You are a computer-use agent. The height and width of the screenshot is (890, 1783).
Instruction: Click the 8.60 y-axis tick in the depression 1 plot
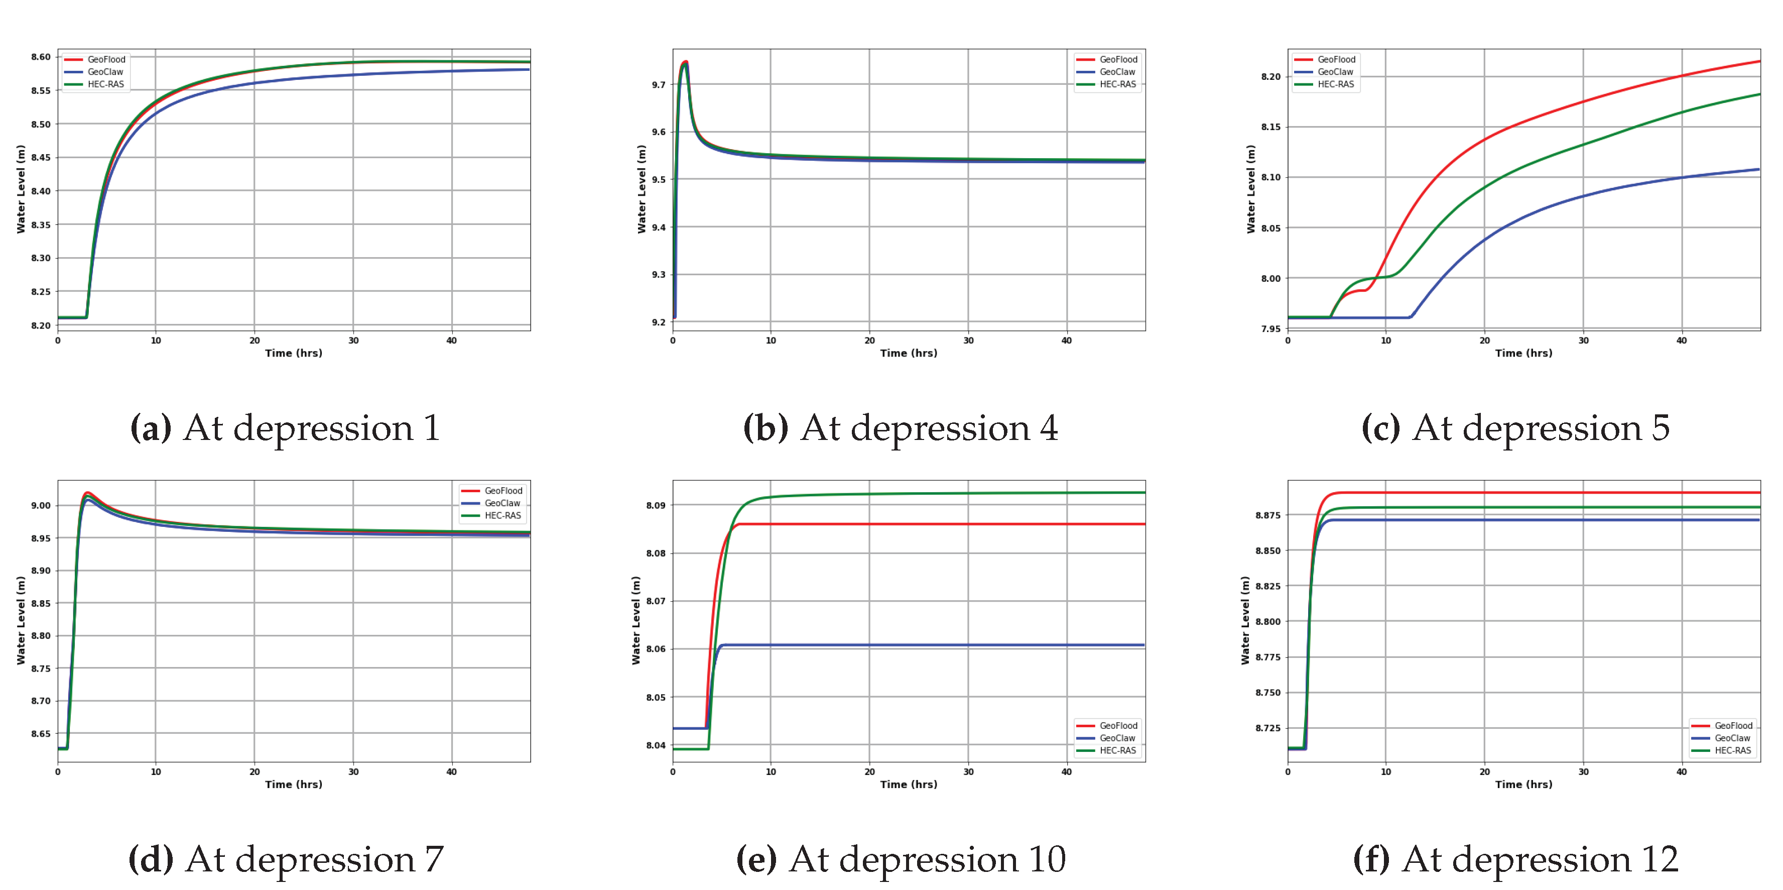pyautogui.click(x=41, y=57)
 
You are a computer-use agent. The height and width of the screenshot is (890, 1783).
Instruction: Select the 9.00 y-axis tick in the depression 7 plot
pyautogui.click(x=41, y=506)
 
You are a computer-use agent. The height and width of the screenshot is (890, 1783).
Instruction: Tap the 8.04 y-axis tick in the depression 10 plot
pyautogui.click(x=656, y=746)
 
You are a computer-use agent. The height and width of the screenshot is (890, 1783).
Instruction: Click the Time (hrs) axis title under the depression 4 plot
pyautogui.click(x=908, y=353)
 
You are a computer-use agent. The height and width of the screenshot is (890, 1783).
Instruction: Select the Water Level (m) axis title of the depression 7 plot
pyautogui.click(x=21, y=621)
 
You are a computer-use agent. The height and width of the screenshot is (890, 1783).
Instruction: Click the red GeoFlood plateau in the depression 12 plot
pyautogui.click(x=1523, y=493)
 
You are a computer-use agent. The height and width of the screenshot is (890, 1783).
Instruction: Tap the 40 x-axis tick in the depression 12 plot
pyautogui.click(x=1681, y=771)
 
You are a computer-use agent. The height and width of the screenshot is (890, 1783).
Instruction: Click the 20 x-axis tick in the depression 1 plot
pyautogui.click(x=254, y=341)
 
